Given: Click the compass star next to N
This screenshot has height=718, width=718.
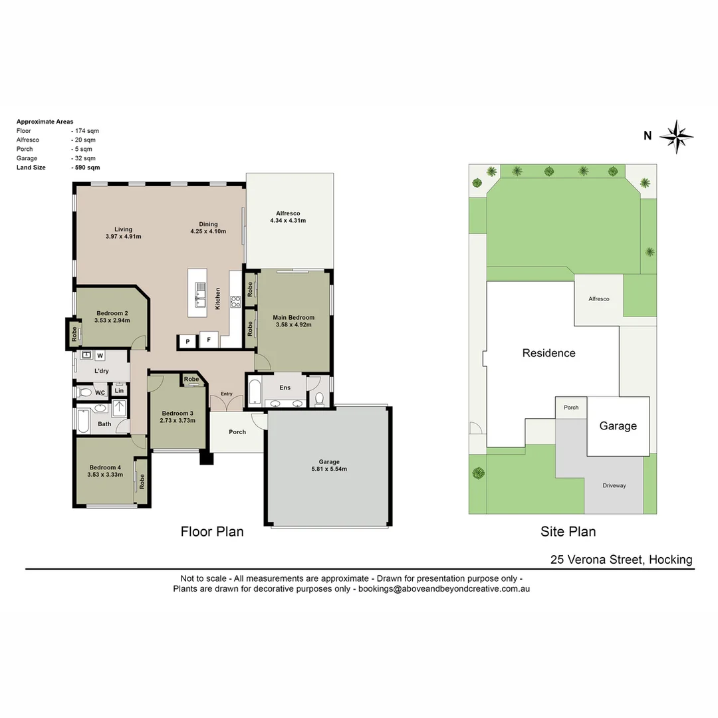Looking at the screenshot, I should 677,137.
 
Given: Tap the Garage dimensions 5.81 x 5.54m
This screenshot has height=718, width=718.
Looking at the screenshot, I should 329,469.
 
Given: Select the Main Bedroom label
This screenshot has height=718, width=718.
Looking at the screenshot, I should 293,317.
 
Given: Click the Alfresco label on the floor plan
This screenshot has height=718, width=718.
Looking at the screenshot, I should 287,213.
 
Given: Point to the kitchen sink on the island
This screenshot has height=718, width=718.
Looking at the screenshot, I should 200,291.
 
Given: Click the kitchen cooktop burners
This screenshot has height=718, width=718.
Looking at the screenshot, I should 235,302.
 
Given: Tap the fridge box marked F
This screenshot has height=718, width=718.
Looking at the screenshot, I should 209,340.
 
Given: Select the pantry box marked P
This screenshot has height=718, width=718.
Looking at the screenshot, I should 187,341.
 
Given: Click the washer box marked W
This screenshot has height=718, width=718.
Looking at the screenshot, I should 100,355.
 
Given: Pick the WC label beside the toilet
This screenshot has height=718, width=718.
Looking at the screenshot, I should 100,393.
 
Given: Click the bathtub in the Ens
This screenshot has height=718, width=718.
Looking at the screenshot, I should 253,392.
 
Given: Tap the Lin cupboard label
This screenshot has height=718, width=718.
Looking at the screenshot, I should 120,392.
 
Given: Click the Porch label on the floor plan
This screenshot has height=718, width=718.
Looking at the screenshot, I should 237,432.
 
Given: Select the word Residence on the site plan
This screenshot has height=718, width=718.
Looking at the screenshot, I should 548,353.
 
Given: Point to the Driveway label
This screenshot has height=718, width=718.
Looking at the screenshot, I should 614,485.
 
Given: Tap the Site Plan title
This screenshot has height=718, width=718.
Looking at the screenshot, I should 568,531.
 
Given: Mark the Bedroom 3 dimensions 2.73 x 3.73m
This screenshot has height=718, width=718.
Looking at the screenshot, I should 178,420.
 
